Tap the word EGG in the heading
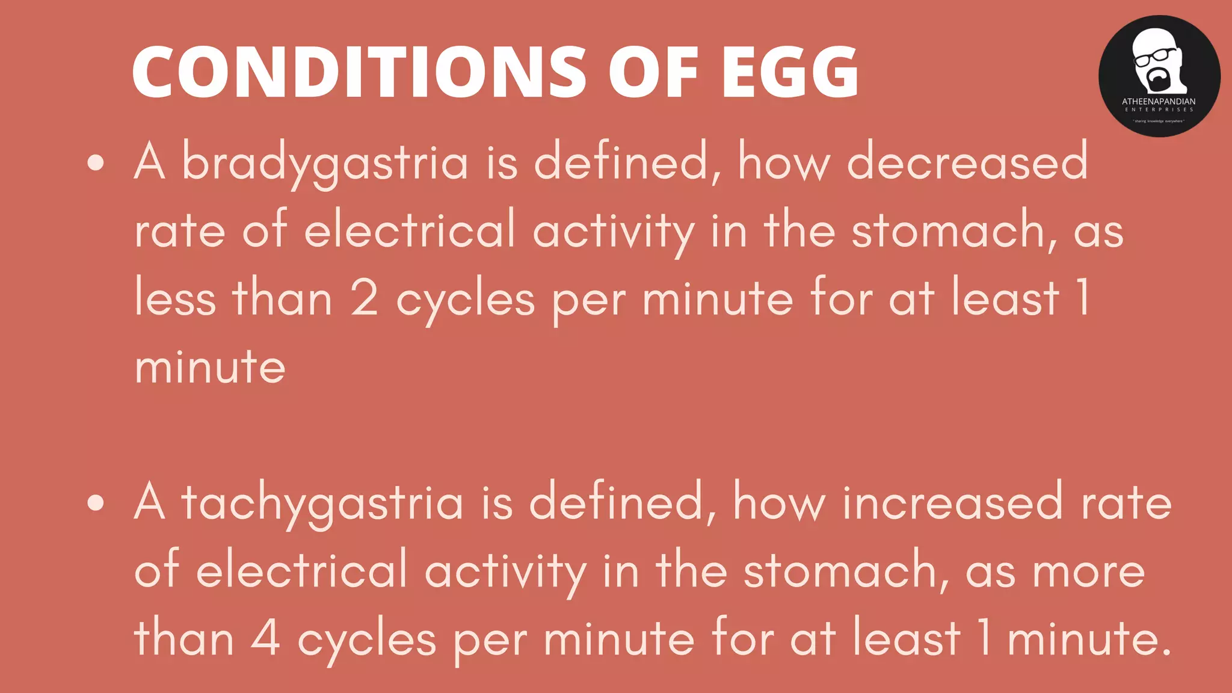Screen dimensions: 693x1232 tap(790, 72)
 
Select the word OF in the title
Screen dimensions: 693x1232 tap(653, 72)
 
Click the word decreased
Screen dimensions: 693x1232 tap(967, 162)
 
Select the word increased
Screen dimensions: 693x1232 tap(953, 503)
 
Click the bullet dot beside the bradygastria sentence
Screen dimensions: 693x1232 tap(96, 162)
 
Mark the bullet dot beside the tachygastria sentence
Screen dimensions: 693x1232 tap(96, 503)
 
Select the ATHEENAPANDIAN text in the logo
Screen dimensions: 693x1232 tap(1159, 102)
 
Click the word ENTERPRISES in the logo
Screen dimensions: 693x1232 tap(1159, 109)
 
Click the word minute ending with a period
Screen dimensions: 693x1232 tap(1089, 639)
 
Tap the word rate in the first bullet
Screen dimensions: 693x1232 tap(180, 231)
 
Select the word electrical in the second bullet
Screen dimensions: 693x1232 tap(302, 570)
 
